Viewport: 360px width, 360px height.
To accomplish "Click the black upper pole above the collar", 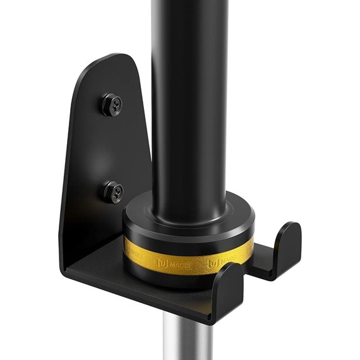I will click(188, 94).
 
